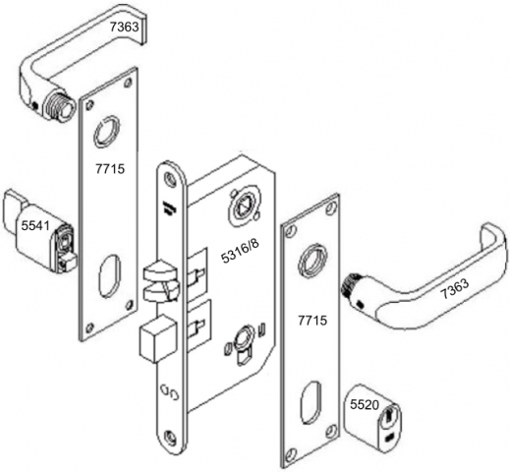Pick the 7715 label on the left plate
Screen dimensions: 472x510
pyautogui.click(x=110, y=169)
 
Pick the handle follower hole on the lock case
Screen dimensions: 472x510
pyautogui.click(x=239, y=206)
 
